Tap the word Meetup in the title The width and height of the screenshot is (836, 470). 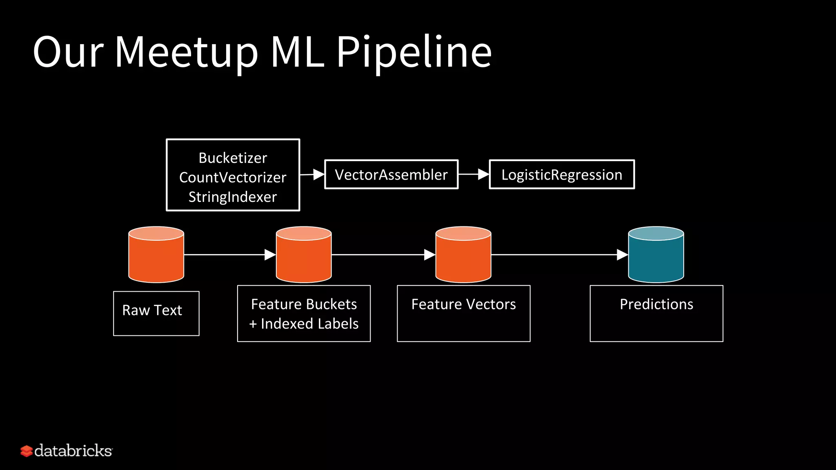point(186,52)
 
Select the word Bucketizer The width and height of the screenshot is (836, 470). point(233,158)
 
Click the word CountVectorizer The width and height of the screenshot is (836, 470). point(233,177)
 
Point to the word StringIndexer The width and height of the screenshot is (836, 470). point(233,197)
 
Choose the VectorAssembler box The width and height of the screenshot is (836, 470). point(391,175)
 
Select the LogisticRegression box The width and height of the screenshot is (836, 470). point(562,175)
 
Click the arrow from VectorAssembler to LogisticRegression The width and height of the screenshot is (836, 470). point(474,175)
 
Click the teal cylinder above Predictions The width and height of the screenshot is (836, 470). point(656,255)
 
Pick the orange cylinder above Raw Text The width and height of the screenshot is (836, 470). point(156,255)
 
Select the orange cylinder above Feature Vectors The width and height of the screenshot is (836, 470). point(463,255)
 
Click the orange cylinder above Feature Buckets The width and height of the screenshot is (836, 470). point(304,255)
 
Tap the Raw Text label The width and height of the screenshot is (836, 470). point(152,310)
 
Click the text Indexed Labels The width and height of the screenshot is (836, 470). point(309,324)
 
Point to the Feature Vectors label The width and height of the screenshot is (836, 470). point(463,304)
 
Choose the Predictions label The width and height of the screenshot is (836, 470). point(656,304)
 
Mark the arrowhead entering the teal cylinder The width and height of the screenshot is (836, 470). point(622,255)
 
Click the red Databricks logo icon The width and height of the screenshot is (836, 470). point(27,451)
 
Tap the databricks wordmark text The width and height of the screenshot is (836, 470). point(73,451)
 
